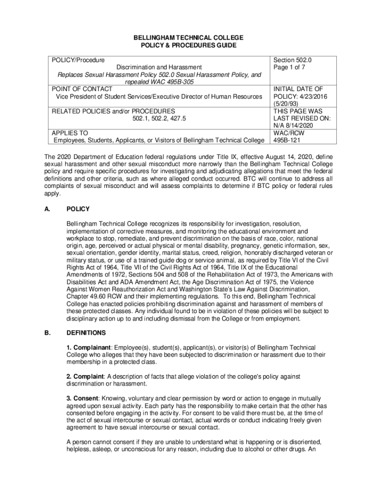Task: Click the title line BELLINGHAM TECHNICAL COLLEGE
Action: (x=188, y=38)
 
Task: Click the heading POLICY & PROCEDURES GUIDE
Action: (x=188, y=46)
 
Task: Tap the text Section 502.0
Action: (x=293, y=60)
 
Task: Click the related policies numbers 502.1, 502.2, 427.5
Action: (x=159, y=118)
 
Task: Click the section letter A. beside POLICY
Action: (x=47, y=209)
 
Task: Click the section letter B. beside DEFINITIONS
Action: (x=47, y=333)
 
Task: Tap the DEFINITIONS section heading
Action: (x=86, y=333)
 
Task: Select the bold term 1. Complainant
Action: (x=86, y=347)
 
